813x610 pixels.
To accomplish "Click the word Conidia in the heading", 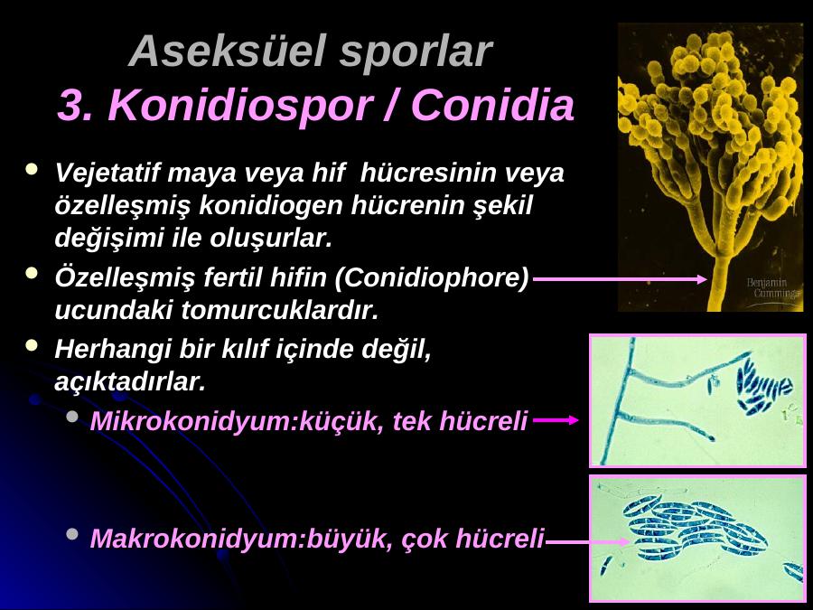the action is tap(492, 105).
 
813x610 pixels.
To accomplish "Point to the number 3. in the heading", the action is tap(77, 106).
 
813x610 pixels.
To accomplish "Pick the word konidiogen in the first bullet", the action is tap(271, 205).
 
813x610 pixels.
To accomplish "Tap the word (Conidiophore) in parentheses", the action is tap(432, 277).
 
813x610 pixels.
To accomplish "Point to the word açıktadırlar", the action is tap(129, 382).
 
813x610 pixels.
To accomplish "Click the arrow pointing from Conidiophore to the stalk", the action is tap(620, 279).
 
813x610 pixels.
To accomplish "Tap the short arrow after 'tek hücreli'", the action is tap(556, 420).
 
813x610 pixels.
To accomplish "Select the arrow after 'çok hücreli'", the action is tap(587, 542).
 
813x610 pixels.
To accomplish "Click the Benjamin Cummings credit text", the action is tap(773, 288).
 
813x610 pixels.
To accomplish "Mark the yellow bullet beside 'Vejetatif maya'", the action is tap(33, 169).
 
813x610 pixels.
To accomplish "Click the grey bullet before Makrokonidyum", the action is tap(72, 534).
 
